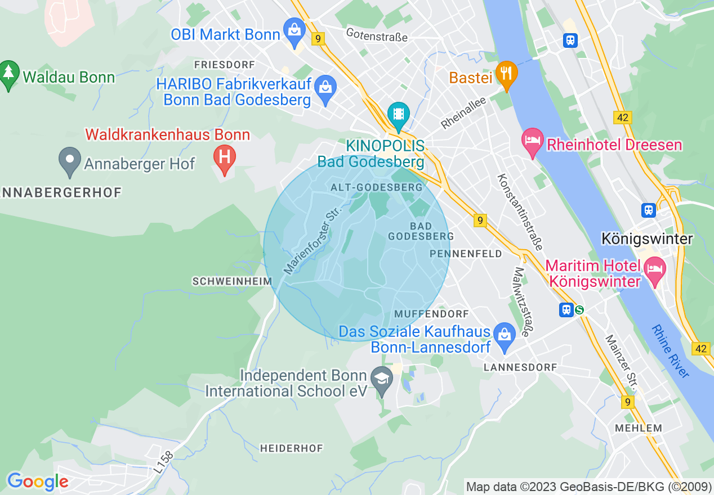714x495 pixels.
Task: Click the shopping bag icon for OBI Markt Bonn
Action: pyautogui.click(x=294, y=30)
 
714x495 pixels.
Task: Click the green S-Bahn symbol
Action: pyautogui.click(x=579, y=309)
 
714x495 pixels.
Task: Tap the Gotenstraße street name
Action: pyautogui.click(x=377, y=35)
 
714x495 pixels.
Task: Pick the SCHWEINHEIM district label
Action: pyautogui.click(x=232, y=281)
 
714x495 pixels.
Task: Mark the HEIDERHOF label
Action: pyautogui.click(x=292, y=448)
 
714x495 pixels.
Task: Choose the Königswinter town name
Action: pyautogui.click(x=647, y=238)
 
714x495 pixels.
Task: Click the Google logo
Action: pyautogui.click(x=38, y=481)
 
